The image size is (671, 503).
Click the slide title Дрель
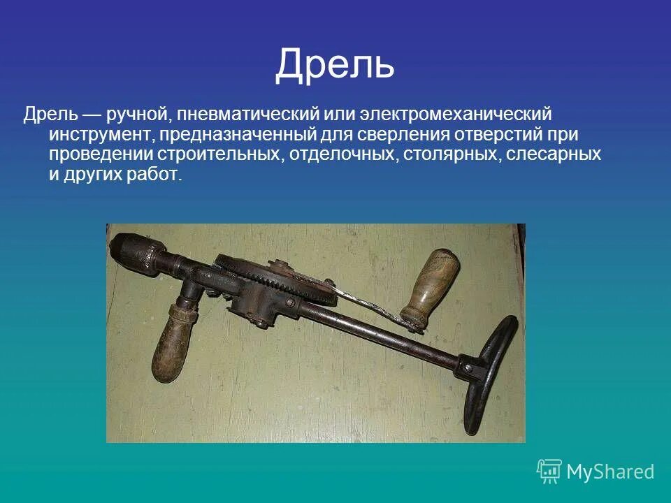click(335, 64)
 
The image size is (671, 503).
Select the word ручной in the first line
click(131, 113)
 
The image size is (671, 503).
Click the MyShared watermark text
click(610, 472)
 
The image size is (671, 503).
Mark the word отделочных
click(340, 154)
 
